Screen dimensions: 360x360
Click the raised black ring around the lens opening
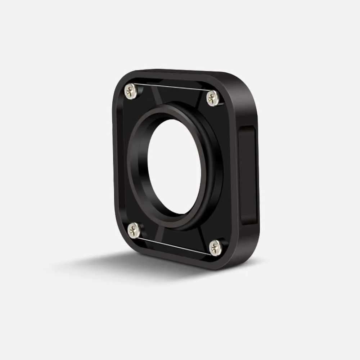point(212,169)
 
